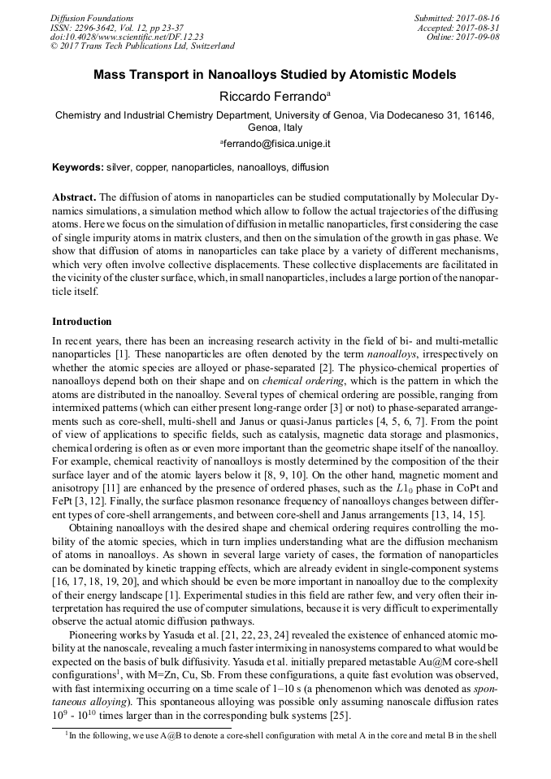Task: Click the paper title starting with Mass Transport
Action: [275, 75]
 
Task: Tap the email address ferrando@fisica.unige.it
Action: [275, 144]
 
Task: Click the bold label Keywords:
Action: [78, 167]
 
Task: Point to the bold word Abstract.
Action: [73, 197]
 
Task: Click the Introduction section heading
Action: [82, 322]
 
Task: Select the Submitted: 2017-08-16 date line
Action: [458, 18]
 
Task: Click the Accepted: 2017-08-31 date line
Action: [459, 28]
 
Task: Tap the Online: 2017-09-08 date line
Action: [463, 37]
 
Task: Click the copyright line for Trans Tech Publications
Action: [142, 46]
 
